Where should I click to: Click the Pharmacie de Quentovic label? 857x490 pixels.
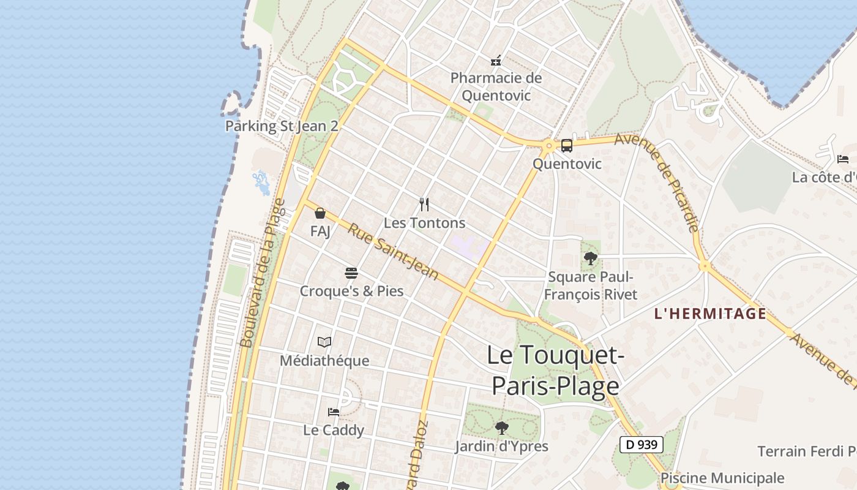(496, 86)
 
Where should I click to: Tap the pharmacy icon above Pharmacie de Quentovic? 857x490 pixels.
(496, 60)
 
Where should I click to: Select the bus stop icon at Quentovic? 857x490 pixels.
(567, 146)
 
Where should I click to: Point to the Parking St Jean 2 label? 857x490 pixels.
(282, 126)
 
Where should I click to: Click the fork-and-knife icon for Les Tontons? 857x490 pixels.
(424, 204)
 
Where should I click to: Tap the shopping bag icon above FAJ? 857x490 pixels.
(320, 213)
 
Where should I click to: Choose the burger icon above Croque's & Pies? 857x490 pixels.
(351, 273)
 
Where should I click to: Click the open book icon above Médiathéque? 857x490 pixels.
(324, 342)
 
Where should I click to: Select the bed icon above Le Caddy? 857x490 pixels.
(334, 412)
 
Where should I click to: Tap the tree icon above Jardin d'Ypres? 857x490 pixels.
(501, 428)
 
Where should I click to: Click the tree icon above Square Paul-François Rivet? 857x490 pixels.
(591, 258)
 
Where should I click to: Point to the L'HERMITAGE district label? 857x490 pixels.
(710, 314)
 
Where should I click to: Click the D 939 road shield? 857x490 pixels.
(642, 445)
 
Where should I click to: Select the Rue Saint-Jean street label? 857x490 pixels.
(394, 252)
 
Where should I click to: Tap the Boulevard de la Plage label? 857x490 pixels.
(263, 273)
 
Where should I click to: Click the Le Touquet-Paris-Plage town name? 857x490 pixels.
(555, 371)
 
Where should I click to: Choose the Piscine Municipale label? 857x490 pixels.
(722, 478)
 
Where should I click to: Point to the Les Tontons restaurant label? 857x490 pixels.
(424, 223)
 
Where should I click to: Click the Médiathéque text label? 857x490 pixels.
(324, 361)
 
